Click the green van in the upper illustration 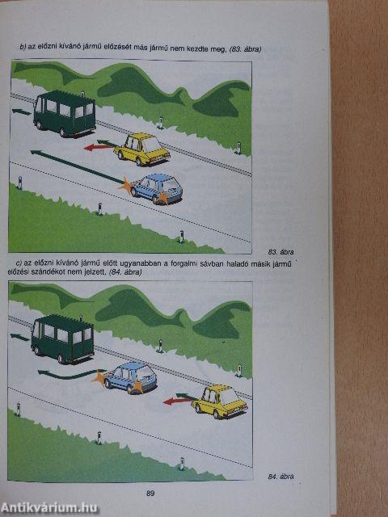65,113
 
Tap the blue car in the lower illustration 129,377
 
